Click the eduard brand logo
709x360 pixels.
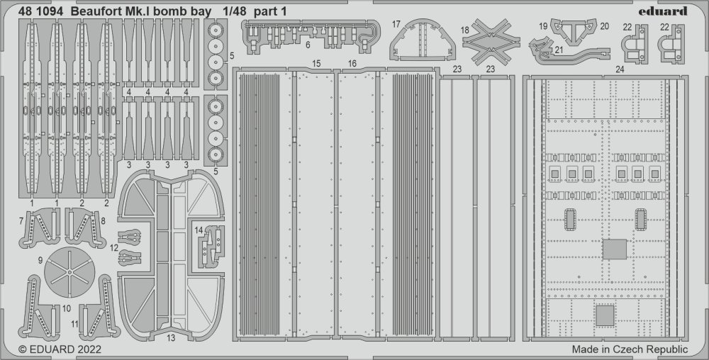coord(663,11)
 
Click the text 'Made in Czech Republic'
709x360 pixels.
coord(630,349)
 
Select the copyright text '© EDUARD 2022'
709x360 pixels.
coord(60,349)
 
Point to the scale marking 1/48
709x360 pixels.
coord(234,12)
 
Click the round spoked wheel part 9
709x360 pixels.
coord(69,272)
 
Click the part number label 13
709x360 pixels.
coord(171,338)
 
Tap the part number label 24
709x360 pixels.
coord(620,69)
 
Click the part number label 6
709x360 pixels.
coord(308,45)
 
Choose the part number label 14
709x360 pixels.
coord(199,230)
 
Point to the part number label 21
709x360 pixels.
coord(559,50)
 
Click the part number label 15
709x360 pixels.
coord(316,64)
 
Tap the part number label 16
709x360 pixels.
coord(352,64)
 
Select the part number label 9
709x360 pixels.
coord(40,260)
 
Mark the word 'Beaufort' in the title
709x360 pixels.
coord(95,12)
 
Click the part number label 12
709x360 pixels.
coord(114,247)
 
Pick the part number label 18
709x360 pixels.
coord(465,30)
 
